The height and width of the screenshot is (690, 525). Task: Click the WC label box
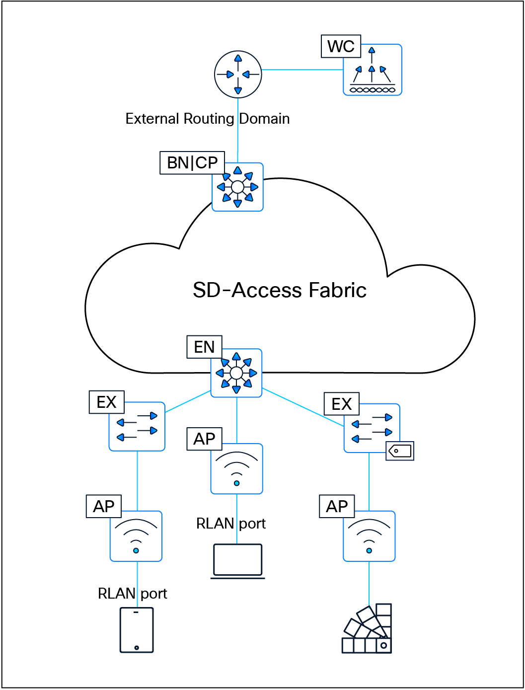341,46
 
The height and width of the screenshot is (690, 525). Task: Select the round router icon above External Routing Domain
238,74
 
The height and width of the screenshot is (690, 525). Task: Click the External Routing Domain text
207,119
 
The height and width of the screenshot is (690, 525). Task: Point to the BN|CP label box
192,163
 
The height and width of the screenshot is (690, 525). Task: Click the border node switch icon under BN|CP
237,187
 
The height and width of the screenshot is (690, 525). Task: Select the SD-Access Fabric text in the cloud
279,290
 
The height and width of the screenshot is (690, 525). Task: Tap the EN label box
204,347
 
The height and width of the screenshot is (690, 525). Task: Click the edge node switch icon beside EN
236,373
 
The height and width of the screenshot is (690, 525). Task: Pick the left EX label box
106,402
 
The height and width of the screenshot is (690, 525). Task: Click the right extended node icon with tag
372,428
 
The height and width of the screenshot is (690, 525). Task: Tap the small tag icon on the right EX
400,451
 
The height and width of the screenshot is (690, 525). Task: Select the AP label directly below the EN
204,439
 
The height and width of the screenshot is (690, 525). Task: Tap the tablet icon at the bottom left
137,630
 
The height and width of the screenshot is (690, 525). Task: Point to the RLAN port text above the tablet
132,594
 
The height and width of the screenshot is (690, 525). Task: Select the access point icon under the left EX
136,536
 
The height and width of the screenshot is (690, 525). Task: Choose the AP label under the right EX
337,506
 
